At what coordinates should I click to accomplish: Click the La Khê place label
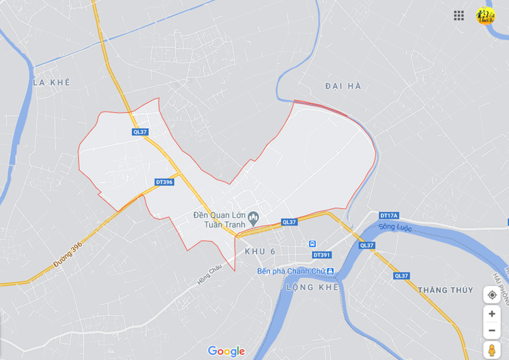(52, 82)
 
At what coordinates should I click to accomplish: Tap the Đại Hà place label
(343, 86)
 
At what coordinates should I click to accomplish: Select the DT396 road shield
(164, 182)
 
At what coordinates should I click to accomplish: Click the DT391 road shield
(322, 254)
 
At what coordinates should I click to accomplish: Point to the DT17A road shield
(389, 215)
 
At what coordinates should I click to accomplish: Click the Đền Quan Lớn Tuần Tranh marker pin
(253, 218)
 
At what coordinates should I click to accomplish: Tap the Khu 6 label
(260, 251)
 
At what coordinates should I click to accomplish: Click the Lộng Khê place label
(312, 287)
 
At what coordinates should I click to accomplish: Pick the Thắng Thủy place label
(446, 290)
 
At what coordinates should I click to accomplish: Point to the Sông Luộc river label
(395, 227)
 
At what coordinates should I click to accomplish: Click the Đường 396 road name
(68, 254)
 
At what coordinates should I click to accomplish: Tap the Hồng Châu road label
(209, 275)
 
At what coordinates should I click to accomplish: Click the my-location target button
(491, 295)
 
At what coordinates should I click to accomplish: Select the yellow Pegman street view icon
(491, 350)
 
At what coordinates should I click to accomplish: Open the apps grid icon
(459, 15)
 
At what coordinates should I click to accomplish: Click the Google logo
(226, 351)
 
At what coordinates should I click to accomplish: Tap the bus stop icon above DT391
(312, 244)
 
